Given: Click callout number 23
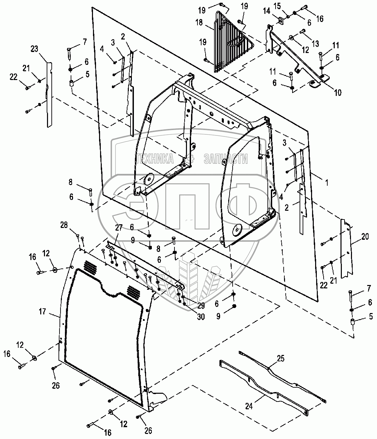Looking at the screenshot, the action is point(34,49).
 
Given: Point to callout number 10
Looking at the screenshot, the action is point(337,92).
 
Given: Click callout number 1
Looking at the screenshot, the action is point(327,183).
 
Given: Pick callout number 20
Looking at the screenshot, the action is point(364,237).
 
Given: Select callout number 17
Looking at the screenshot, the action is point(42,311).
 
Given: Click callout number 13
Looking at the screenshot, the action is point(315,44).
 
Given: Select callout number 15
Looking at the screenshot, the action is point(277,6).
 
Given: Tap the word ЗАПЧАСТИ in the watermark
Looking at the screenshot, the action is point(226,158).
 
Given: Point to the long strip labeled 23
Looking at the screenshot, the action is point(49,95).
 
